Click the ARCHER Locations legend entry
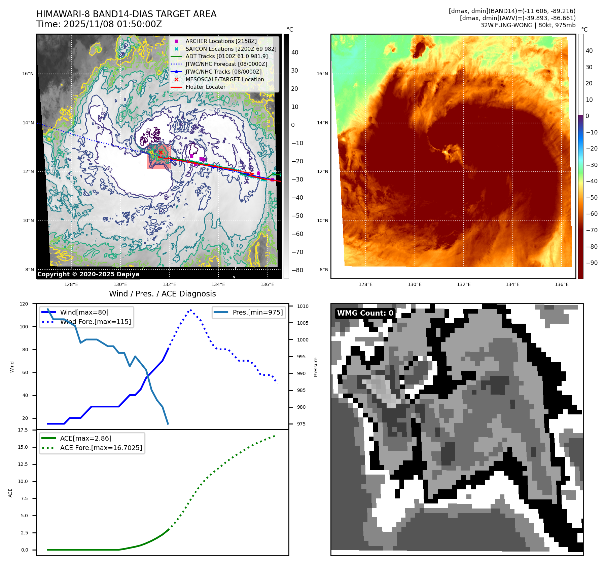click(221, 41)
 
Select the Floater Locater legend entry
click(205, 87)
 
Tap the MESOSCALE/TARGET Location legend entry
click(224, 79)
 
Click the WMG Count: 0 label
click(365, 313)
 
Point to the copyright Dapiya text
click(88, 274)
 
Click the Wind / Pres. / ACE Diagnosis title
click(162, 294)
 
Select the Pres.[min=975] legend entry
click(257, 312)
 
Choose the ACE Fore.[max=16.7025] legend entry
click(101, 448)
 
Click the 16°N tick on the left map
click(28, 74)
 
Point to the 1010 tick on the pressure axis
click(302, 306)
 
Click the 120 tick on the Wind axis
click(24, 304)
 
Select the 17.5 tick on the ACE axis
click(23, 430)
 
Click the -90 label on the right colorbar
click(592, 263)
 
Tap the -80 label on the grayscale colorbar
click(297, 270)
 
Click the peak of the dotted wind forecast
click(191, 310)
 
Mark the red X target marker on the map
click(161, 153)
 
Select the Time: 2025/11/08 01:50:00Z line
click(99, 24)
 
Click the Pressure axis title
click(316, 367)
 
